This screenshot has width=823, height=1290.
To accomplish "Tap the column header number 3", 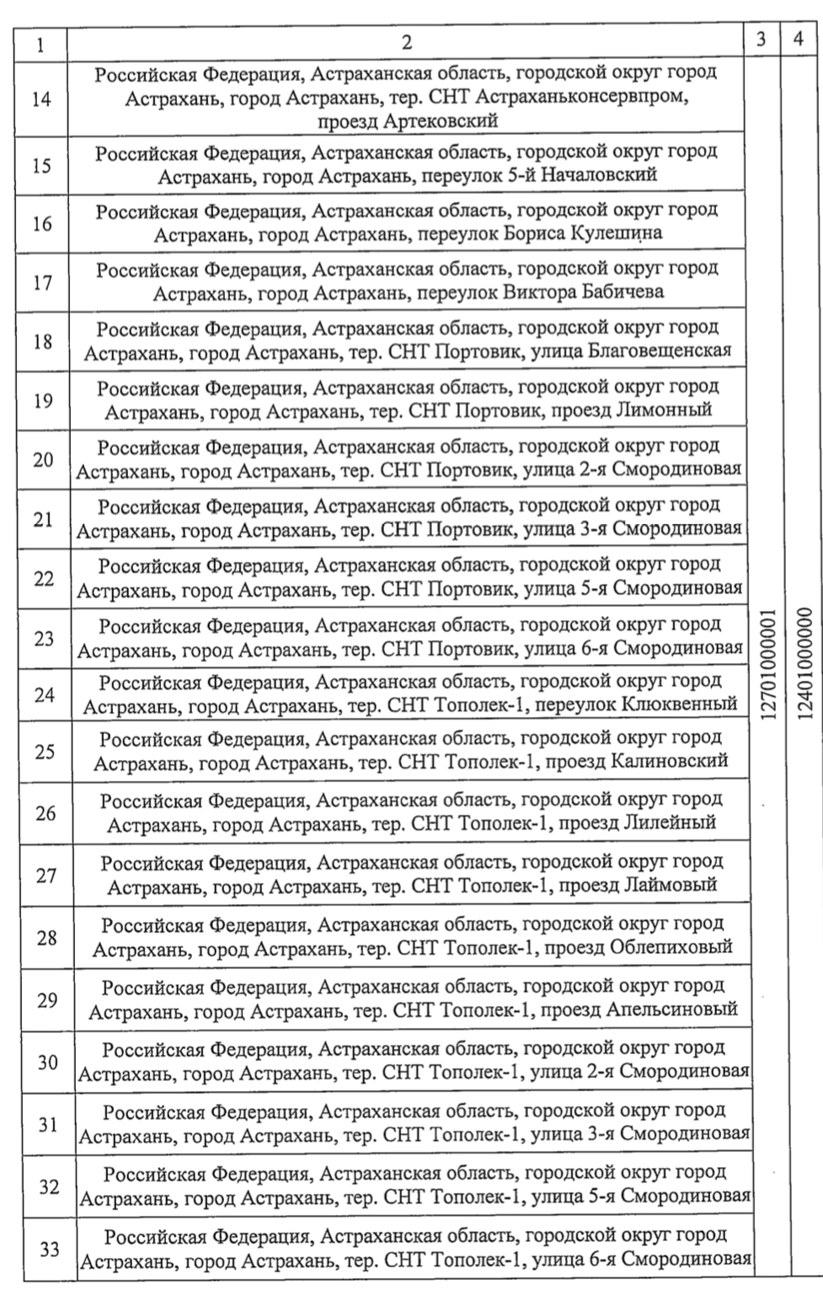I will [762, 40].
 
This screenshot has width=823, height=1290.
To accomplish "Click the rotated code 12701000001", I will [766, 664].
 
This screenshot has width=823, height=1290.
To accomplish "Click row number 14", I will [40, 99].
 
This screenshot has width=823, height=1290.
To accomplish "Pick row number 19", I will [42, 400].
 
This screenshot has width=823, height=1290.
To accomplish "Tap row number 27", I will [45, 875].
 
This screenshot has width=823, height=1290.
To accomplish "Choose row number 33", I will [49, 1250].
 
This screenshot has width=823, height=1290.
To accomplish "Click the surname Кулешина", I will [622, 233].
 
